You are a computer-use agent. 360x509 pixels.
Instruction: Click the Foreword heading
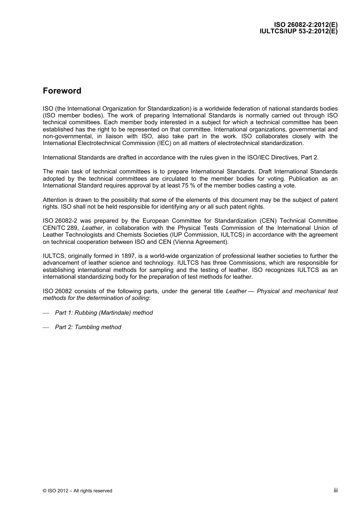coord(62,91)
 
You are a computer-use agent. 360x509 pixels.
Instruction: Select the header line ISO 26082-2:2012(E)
coord(306,25)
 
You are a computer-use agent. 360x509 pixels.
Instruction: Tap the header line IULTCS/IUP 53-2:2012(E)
coord(298,31)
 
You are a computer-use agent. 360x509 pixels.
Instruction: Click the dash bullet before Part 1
coord(46,313)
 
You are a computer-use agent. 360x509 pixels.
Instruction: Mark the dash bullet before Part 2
coord(46,328)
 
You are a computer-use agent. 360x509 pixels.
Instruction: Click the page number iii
coord(335,490)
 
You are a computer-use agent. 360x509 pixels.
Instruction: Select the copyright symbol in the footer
coord(45,491)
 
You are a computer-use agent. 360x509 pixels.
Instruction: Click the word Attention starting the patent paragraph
coord(55,200)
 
